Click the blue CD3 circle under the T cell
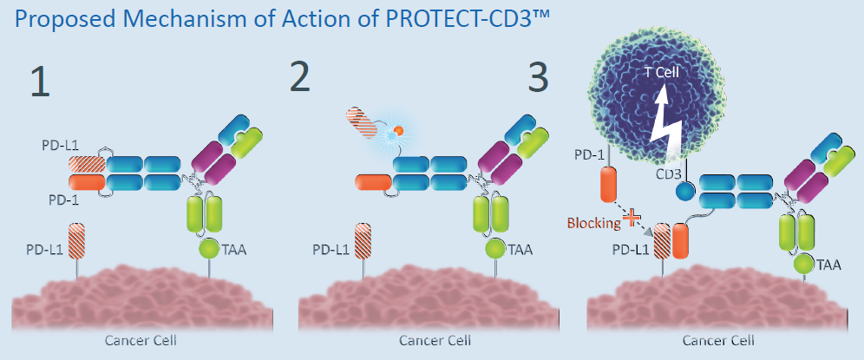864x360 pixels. [x=685, y=192]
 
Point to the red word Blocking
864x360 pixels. [x=592, y=223]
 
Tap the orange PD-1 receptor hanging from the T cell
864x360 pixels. [x=606, y=185]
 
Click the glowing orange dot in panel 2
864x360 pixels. [x=397, y=131]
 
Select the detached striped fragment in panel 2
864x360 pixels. [x=361, y=123]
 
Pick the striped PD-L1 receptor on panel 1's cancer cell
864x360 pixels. [x=75, y=241]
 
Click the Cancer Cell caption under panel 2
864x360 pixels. [x=435, y=340]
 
